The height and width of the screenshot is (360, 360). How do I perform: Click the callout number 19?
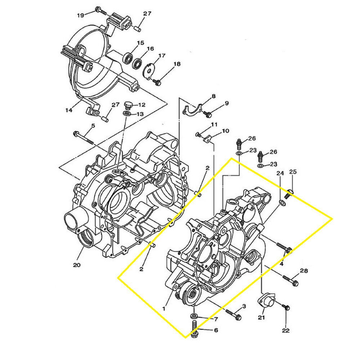coord(80,15)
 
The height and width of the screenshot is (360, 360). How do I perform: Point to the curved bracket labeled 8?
coord(192,109)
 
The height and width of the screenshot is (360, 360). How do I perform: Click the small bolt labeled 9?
coord(208,114)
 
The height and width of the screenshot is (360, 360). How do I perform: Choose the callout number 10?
coord(225,131)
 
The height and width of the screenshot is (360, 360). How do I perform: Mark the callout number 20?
coord(76,265)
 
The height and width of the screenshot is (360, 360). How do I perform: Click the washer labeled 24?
coord(283,204)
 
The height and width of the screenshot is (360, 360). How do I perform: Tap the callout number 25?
coord(293,172)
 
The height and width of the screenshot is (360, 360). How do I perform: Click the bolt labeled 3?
coord(234,314)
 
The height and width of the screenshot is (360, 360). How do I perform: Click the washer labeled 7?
coord(194,316)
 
